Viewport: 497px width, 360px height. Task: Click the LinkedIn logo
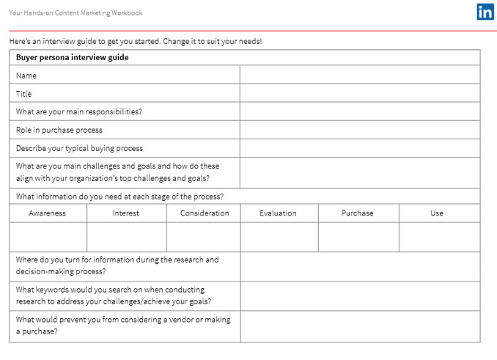[x=485, y=12]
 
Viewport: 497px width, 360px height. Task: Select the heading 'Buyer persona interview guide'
[x=72, y=57]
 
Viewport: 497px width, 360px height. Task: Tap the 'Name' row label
[x=26, y=76]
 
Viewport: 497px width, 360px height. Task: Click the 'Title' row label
[x=24, y=94]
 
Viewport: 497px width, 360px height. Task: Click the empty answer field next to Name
[x=359, y=75]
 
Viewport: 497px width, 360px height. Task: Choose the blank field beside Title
[x=359, y=93]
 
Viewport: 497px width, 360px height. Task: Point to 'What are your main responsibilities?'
[x=78, y=112]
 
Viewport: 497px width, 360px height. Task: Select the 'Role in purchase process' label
[x=59, y=130]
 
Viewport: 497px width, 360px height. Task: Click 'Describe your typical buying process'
[x=79, y=148]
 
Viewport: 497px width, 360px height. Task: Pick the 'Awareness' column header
[x=48, y=213]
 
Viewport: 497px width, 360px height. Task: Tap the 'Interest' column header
[x=126, y=213]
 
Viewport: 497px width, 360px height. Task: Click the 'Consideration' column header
[x=205, y=213]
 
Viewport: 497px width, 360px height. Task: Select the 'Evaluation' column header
[x=279, y=213]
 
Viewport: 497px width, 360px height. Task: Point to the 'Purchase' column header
[x=358, y=213]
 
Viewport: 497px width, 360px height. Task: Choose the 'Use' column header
[x=437, y=213]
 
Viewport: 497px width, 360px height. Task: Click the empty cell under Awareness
[x=48, y=237]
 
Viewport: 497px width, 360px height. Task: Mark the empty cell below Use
[x=439, y=237]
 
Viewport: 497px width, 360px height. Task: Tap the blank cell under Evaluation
[x=279, y=237]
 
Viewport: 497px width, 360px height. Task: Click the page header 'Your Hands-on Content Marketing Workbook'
[x=76, y=12]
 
